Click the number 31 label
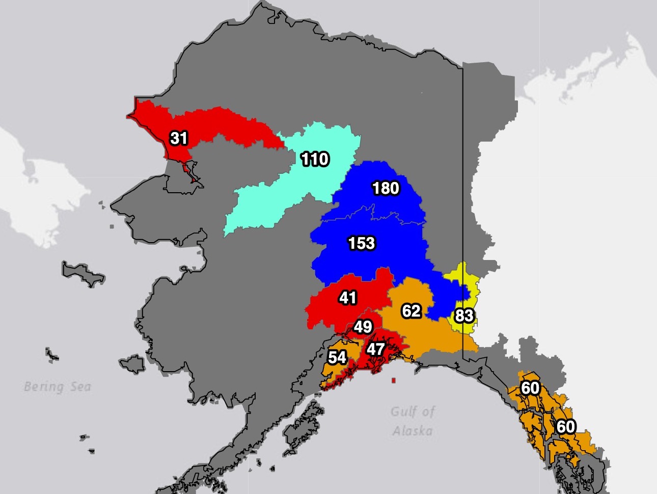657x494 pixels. coord(179,138)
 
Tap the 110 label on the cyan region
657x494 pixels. coord(315,159)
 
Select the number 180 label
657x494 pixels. coord(386,188)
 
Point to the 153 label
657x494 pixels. coord(362,243)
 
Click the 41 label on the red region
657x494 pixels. coord(348,298)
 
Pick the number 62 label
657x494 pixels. coord(411,310)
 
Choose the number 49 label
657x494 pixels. coord(363,327)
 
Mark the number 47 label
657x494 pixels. coord(375,349)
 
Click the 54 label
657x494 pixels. coord(337,357)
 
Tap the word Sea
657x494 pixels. coord(80,387)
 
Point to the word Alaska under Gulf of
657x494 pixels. coord(413,431)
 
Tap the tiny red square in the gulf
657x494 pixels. coord(393,380)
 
